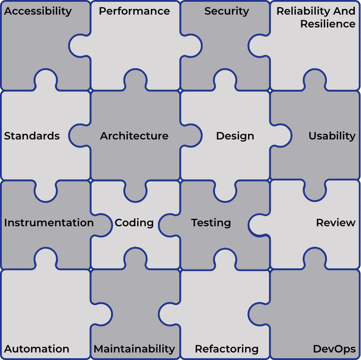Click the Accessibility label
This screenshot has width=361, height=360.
tap(38, 12)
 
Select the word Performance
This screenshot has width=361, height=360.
tap(134, 11)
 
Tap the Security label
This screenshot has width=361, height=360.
tap(227, 12)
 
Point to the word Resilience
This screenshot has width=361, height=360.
tap(328, 24)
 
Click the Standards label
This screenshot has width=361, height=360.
tap(32, 136)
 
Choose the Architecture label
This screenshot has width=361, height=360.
tap(134, 136)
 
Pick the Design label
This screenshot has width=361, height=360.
tap(235, 136)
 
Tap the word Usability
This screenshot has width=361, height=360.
tap(332, 136)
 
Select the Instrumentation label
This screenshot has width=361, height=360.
tap(49, 223)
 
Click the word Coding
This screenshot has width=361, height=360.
tap(134, 223)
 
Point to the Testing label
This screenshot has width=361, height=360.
tap(211, 223)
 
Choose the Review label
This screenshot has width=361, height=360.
tap(336, 223)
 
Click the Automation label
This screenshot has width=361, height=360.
tap(37, 348)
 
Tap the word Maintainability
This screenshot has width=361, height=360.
tap(134, 349)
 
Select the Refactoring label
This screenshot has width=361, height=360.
tap(227, 349)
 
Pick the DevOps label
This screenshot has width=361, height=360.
tap(334, 349)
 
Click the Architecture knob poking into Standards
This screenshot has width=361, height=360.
tap(79, 136)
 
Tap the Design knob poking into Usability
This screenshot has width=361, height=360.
tap(281, 136)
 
